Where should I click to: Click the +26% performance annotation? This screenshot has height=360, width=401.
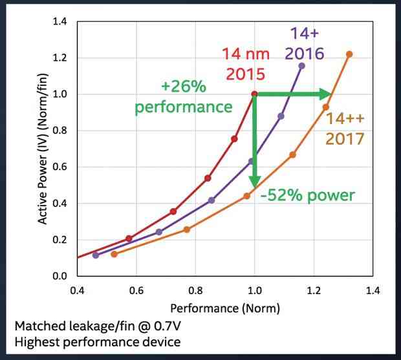pos(183,96)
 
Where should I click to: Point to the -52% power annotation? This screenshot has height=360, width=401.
pos(307,195)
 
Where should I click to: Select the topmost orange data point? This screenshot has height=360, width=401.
pos(349,54)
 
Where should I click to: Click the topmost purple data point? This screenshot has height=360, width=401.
pos(301,65)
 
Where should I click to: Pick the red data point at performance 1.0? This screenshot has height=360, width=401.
pos(255,94)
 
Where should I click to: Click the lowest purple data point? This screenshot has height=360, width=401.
pos(96,255)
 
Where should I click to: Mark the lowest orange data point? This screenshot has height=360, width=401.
pos(114,254)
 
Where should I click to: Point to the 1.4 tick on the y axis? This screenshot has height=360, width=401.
pos(60,21)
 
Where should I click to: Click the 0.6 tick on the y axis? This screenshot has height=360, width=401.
pos(60,167)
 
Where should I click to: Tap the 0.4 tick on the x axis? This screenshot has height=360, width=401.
pos(77,289)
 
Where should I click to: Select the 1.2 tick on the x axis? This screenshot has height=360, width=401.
pos(314,289)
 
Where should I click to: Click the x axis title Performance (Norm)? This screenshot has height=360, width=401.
pos(224,308)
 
